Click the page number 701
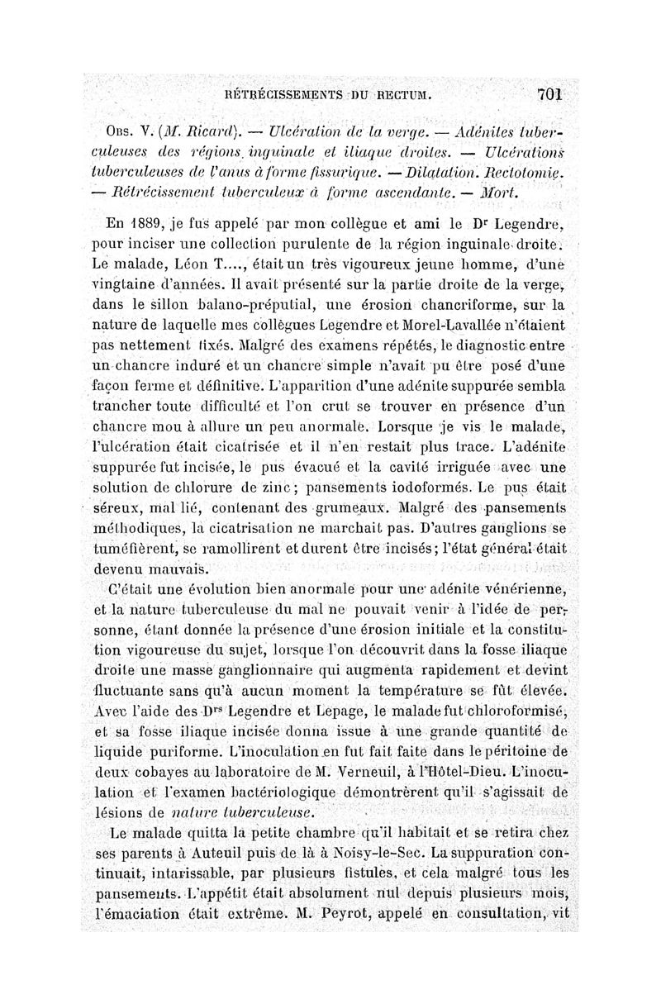[x=548, y=94]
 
